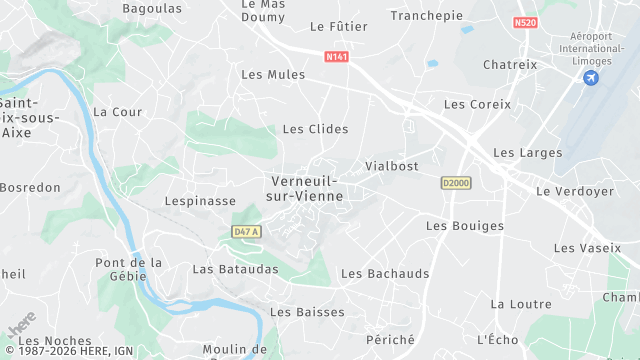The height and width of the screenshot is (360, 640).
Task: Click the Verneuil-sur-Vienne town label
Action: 306,188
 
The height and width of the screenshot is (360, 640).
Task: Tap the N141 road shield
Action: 337,57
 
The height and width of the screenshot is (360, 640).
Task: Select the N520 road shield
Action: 526,22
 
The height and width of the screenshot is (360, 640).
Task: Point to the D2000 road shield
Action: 455,183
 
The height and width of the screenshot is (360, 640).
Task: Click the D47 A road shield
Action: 245,232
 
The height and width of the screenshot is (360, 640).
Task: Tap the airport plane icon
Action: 592,77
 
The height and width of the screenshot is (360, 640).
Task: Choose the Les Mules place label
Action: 273,74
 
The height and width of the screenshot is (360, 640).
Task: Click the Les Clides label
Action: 315,129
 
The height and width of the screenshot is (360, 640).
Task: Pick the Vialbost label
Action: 392,166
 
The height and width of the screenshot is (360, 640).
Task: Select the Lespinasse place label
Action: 200,201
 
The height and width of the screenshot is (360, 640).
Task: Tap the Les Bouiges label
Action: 465,226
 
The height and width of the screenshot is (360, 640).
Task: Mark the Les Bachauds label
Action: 385,274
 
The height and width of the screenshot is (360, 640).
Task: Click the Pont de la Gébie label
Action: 128,270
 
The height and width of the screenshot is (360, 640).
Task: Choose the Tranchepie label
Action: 426,15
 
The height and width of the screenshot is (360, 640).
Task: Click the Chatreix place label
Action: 510,65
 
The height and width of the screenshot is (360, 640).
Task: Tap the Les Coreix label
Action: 477,104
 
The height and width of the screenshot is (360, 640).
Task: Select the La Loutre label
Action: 520,304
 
